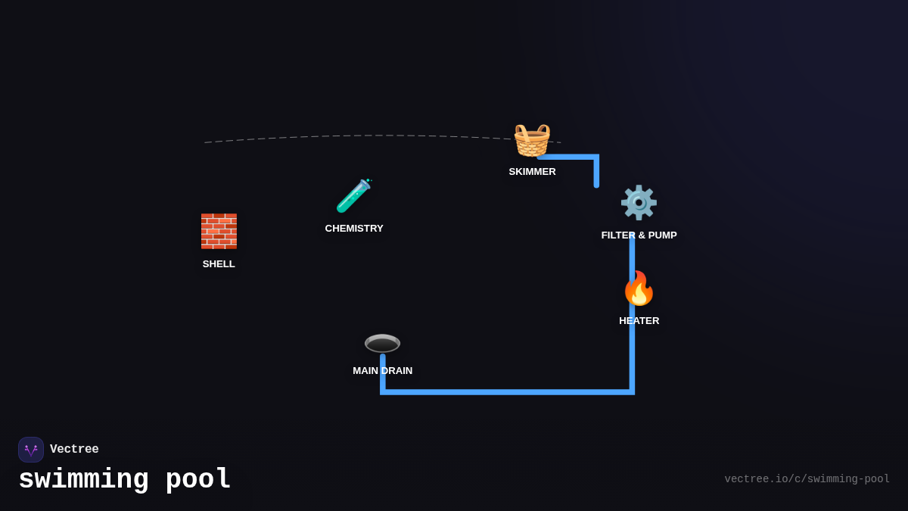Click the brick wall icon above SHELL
coord(219,231)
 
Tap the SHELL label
coord(219,264)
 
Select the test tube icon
coord(353,196)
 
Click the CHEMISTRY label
coord(354,229)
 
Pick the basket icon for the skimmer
coord(532,139)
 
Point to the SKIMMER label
coord(532,172)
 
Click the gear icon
coord(639,202)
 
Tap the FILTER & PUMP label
coord(639,235)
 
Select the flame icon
coord(639,288)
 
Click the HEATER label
coord(639,321)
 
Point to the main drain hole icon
coord(382,343)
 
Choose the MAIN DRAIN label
coord(382,371)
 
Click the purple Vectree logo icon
coord(31,450)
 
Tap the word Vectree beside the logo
coord(74,450)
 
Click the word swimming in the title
coord(83,480)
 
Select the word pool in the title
coord(198,480)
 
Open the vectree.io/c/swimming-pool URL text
coord(807,479)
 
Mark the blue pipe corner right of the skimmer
coord(596,157)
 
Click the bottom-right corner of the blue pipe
coord(632,391)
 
